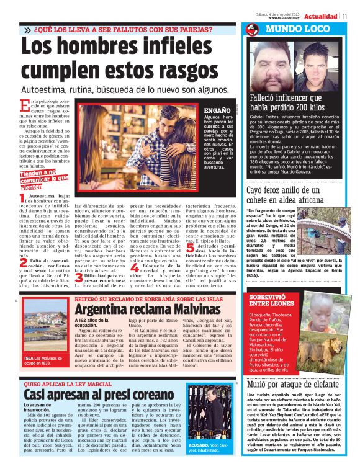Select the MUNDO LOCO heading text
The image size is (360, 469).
[x=297, y=29]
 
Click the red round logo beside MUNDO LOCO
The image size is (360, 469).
[x=251, y=30]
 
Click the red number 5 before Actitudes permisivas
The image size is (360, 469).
[x=189, y=247]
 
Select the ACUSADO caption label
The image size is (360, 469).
[x=199, y=445]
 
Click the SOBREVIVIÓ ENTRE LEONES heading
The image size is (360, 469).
[x=272, y=301]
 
